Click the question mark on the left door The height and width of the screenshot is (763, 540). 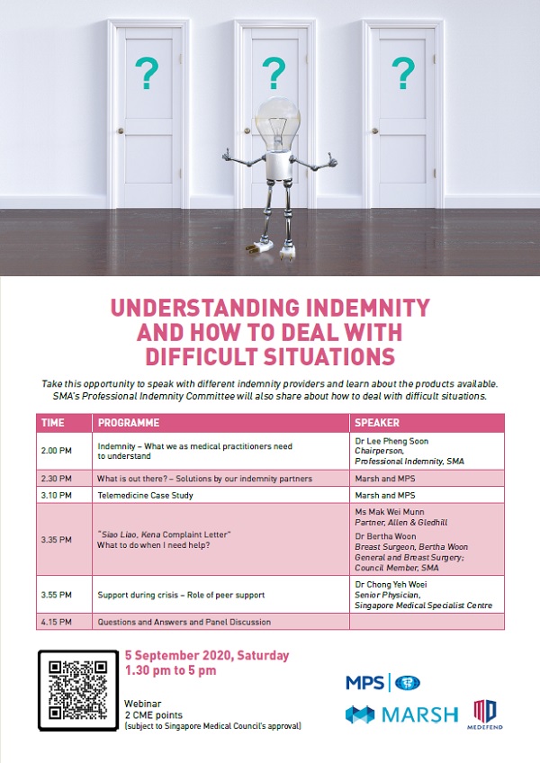pos(147,73)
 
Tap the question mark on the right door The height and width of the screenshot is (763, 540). pos(403,73)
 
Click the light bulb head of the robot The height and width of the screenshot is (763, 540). pos(277,122)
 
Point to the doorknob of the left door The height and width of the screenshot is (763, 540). pos(121,130)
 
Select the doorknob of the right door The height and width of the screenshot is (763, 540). pos(375,130)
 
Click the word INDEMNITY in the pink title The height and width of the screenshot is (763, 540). pos(367,308)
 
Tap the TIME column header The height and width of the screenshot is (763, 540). pos(52,423)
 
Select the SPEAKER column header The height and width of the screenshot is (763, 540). pos(377,423)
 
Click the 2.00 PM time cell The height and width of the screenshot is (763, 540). pos(57,451)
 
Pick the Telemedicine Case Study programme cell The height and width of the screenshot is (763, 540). pos(145,496)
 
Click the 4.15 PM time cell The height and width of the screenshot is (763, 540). pos(57,622)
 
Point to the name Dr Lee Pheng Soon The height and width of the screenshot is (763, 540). pos(391,442)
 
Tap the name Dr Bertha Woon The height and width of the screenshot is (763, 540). pos(385,536)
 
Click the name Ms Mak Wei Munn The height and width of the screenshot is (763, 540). pos(390,512)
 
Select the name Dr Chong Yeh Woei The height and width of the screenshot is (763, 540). pos(391,585)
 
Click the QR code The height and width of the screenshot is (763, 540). pos(78,690)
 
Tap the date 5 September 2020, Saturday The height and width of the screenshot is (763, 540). pos(207,656)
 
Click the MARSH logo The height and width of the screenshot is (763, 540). pos(401,714)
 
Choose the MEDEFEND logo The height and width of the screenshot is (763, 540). pos(485,714)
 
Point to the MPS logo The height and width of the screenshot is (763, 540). pos(382,683)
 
